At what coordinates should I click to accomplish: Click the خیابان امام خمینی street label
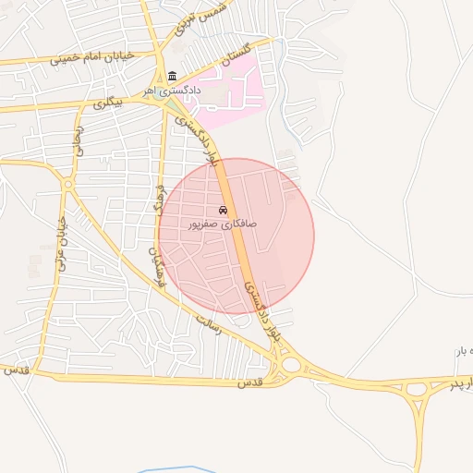(x=98, y=56)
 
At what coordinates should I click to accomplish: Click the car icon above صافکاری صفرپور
(x=223, y=210)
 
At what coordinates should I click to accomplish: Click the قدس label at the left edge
(x=13, y=370)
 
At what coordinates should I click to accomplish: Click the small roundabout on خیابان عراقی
(x=67, y=185)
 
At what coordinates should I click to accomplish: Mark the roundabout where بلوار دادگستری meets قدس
(x=292, y=364)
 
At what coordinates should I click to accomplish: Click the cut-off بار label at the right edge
(x=463, y=352)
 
